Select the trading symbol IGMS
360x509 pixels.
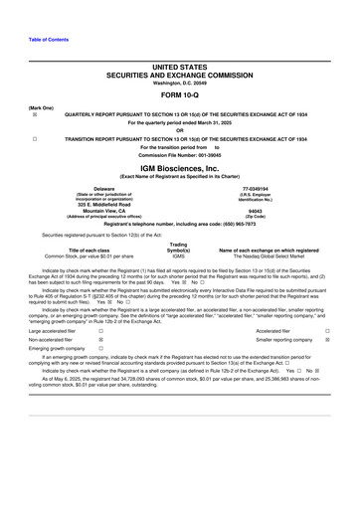(179, 255)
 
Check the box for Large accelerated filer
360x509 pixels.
(100, 332)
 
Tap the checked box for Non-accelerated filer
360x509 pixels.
(100, 341)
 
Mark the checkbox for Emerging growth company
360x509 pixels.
(100, 350)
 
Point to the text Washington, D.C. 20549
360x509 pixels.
(180, 82)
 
